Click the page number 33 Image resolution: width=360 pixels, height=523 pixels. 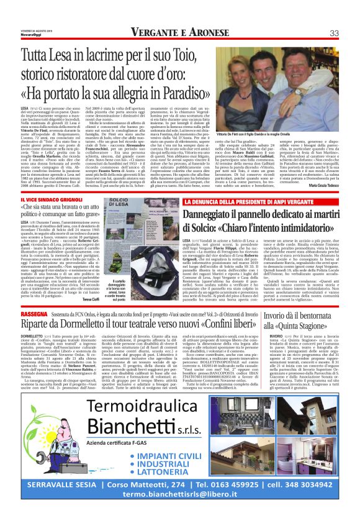(x=333, y=32)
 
